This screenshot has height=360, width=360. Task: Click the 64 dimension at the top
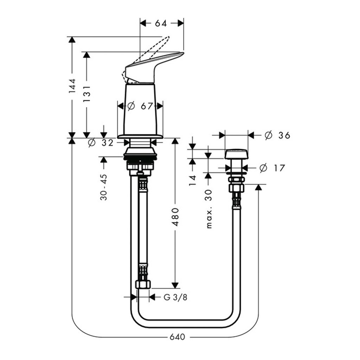tap(161, 23)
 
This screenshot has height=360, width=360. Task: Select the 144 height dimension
tap(72, 86)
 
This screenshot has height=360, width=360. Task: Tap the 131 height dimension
tap(87, 94)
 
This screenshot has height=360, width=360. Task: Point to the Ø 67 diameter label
tap(140, 106)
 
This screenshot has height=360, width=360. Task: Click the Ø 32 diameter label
tap(101, 143)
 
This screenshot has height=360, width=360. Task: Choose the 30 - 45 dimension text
tap(104, 187)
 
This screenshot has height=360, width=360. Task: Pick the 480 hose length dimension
tap(175, 217)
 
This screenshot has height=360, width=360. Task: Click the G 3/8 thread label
tap(175, 297)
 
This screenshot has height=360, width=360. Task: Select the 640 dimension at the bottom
tap(177, 337)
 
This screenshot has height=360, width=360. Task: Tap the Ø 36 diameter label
tap(277, 135)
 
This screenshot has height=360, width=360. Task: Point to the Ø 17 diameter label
tap(272, 168)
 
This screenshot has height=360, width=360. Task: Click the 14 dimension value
tap(193, 180)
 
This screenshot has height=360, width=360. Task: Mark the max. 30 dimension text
tap(208, 209)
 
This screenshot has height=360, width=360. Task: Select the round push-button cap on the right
tap(236, 154)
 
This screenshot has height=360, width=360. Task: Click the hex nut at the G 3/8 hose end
tap(143, 284)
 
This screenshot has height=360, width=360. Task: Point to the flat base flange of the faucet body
tap(140, 137)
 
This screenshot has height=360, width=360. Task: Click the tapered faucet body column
tap(140, 109)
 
